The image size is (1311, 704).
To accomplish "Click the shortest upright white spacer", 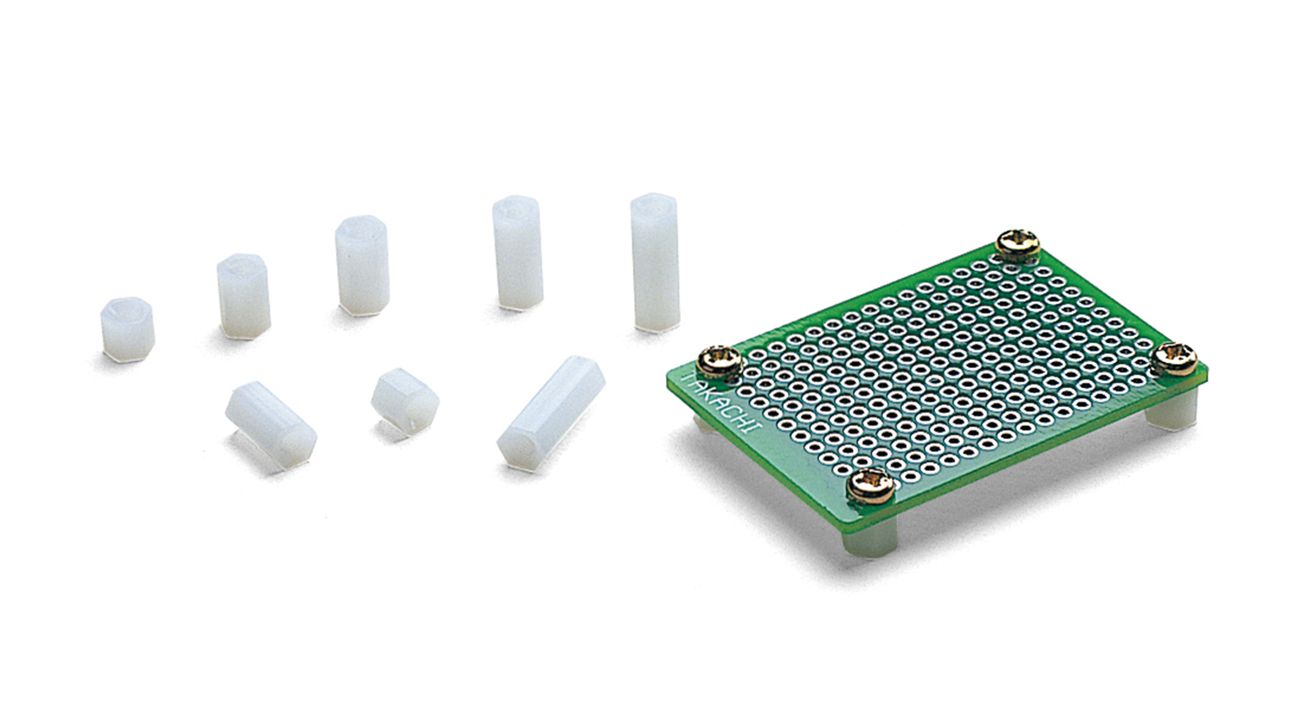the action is tap(127, 329).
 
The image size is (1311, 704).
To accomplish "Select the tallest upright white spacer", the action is tap(655, 262).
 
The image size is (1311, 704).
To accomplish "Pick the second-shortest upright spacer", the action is tap(243, 296).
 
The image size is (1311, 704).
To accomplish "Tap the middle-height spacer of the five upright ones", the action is tap(362, 265).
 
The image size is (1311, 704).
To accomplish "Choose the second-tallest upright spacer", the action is tap(518, 252).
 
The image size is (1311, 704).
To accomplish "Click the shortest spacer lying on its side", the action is tap(405, 401).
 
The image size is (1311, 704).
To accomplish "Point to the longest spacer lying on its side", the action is tap(550, 413).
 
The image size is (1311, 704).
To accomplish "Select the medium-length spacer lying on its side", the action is tap(271, 425).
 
